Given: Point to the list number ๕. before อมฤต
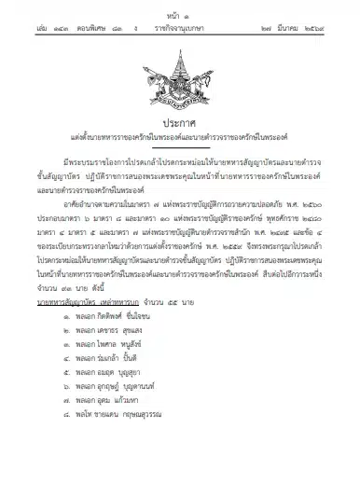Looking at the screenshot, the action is click(88, 402).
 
